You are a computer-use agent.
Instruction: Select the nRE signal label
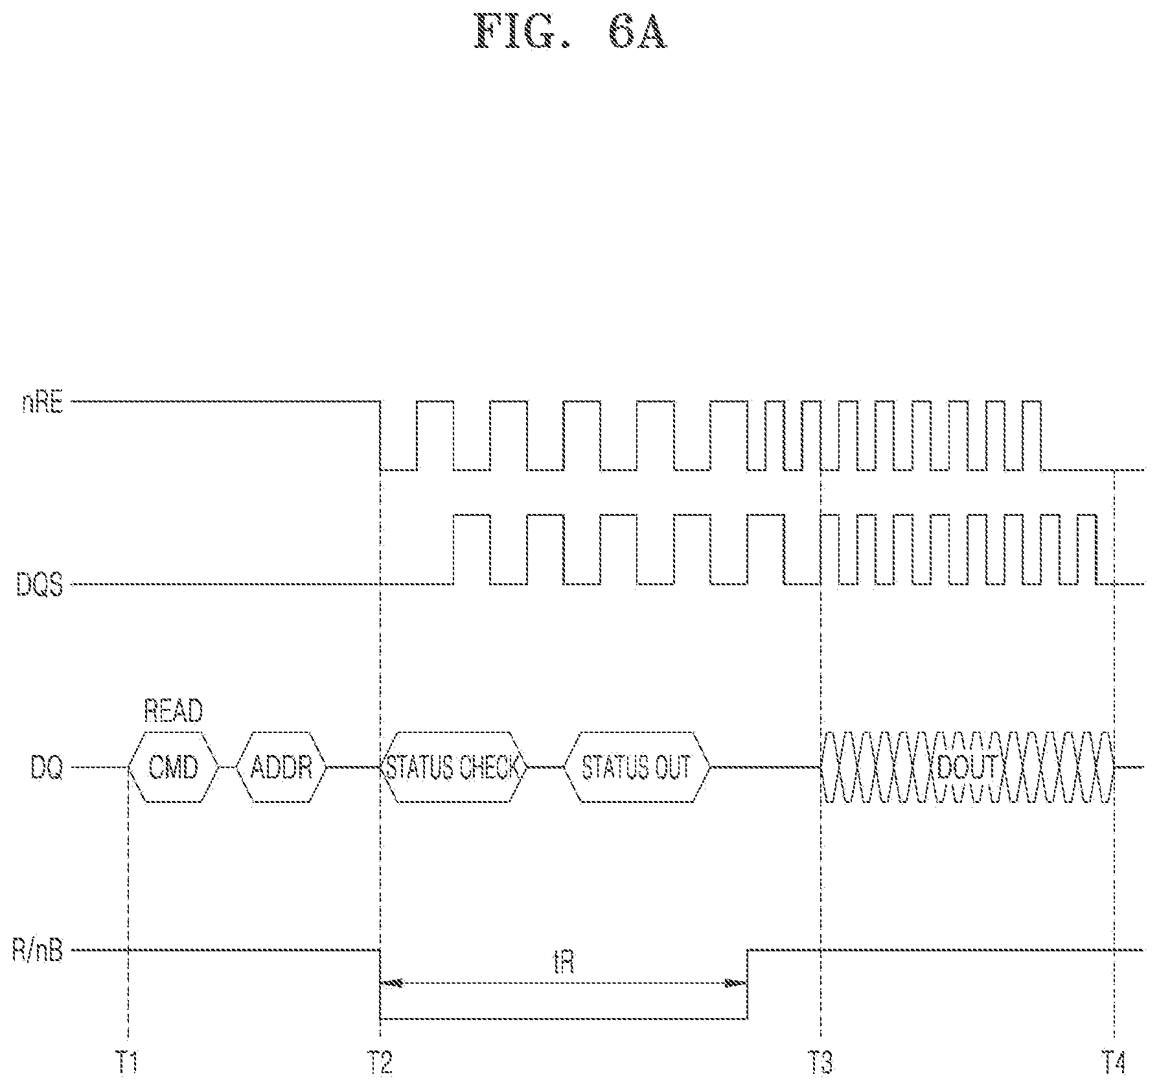[x=43, y=404]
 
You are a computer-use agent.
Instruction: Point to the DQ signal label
[x=47, y=769]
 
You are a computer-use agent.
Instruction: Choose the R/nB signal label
[x=38, y=951]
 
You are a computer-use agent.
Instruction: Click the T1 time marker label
[x=128, y=1063]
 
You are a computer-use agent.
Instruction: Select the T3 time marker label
[x=821, y=1063]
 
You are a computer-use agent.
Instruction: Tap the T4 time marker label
[x=1114, y=1063]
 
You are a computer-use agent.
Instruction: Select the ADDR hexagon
[x=281, y=767]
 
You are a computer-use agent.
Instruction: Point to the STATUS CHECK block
[x=453, y=767]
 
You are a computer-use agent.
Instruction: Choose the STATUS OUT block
[x=637, y=767]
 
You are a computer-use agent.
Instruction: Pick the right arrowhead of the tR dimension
[x=735, y=983]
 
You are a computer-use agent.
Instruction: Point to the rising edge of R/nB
[x=748, y=993]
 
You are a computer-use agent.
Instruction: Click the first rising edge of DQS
[x=453, y=550]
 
